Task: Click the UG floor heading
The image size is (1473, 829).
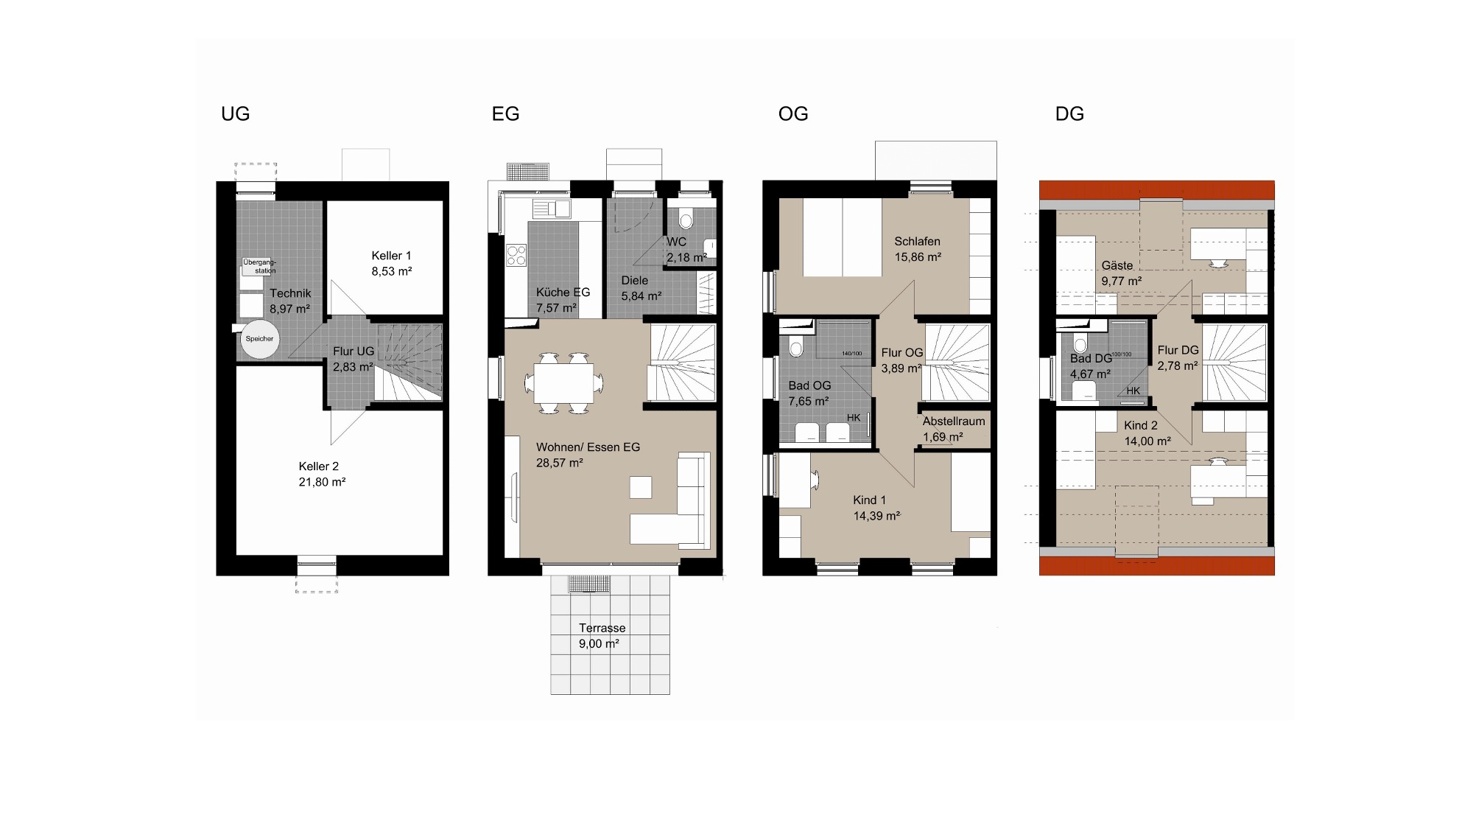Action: click(x=236, y=114)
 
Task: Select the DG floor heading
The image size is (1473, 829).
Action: click(x=1069, y=114)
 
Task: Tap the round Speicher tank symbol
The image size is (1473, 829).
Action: click(x=259, y=339)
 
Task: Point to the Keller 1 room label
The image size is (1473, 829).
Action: click(x=391, y=256)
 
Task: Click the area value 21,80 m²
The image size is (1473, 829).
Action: click(x=322, y=482)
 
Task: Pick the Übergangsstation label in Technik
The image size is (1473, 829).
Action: click(x=259, y=266)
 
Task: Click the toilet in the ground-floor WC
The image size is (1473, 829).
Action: click(x=686, y=219)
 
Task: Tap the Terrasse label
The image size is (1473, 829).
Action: click(x=602, y=628)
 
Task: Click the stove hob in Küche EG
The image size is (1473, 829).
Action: click(x=516, y=256)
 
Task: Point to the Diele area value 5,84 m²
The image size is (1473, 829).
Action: click(x=641, y=296)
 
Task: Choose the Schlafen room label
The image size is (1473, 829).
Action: click(x=917, y=241)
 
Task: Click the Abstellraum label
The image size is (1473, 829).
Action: click(x=954, y=422)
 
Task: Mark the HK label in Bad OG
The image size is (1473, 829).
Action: click(x=854, y=418)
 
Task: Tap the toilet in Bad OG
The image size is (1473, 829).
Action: click(x=795, y=346)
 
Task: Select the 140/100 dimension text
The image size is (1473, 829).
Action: click(x=851, y=354)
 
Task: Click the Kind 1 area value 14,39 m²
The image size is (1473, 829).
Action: click(x=876, y=516)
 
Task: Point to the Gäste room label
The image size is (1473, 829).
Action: click(x=1117, y=265)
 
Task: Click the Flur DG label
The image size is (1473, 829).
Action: click(x=1178, y=350)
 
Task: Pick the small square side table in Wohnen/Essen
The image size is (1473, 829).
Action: click(x=641, y=487)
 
